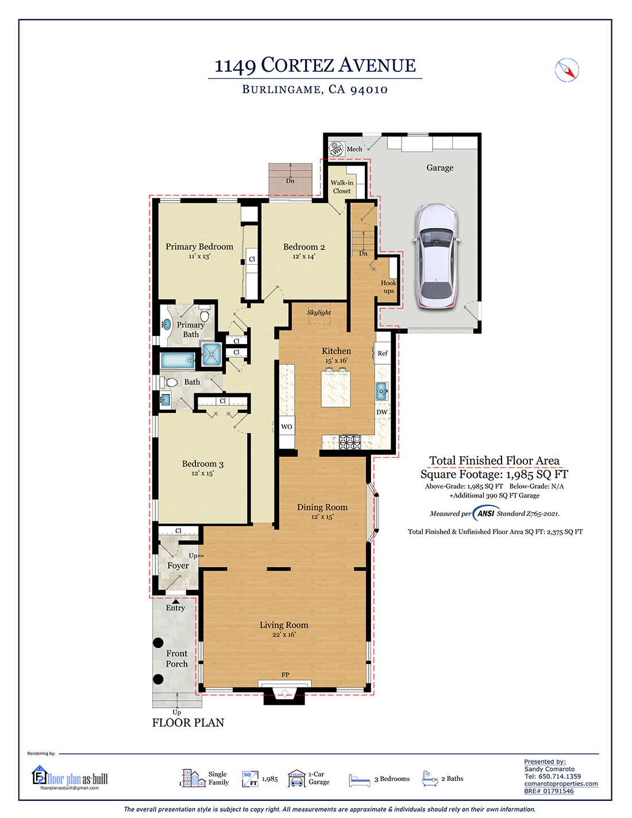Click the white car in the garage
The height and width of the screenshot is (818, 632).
pos(437,256)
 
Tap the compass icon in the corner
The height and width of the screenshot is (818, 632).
pos(567,70)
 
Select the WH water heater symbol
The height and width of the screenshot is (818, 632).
pos(336,149)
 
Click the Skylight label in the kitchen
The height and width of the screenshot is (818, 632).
pos(319,312)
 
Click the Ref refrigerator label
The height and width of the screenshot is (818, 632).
pos(383,353)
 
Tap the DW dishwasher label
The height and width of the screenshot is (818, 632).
pos(381,412)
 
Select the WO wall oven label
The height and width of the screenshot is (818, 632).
pos(287,426)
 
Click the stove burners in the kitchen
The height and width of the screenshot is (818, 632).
pos(350,442)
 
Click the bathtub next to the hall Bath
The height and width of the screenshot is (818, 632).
pos(178,360)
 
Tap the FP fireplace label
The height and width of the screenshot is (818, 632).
pos(286,675)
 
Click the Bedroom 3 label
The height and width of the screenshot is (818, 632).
pos(203,464)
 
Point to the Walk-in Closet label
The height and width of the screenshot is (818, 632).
pos(342,187)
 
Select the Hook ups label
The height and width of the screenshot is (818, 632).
pos(388,287)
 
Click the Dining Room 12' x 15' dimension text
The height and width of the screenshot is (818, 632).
pos(322,517)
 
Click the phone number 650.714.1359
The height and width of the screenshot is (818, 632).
pos(560,776)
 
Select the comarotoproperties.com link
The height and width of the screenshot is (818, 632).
pos(561,784)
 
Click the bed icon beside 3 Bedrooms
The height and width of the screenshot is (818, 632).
pos(359,780)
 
